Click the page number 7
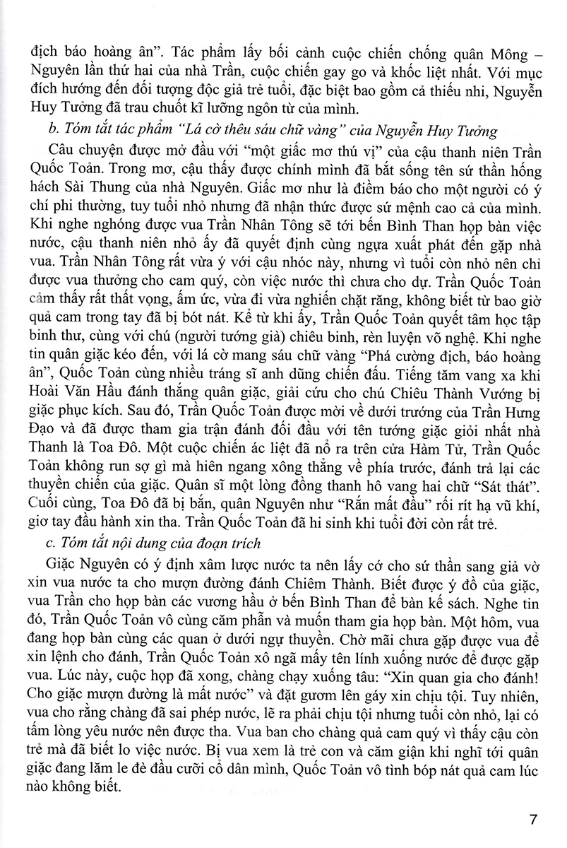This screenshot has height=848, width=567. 533,820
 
